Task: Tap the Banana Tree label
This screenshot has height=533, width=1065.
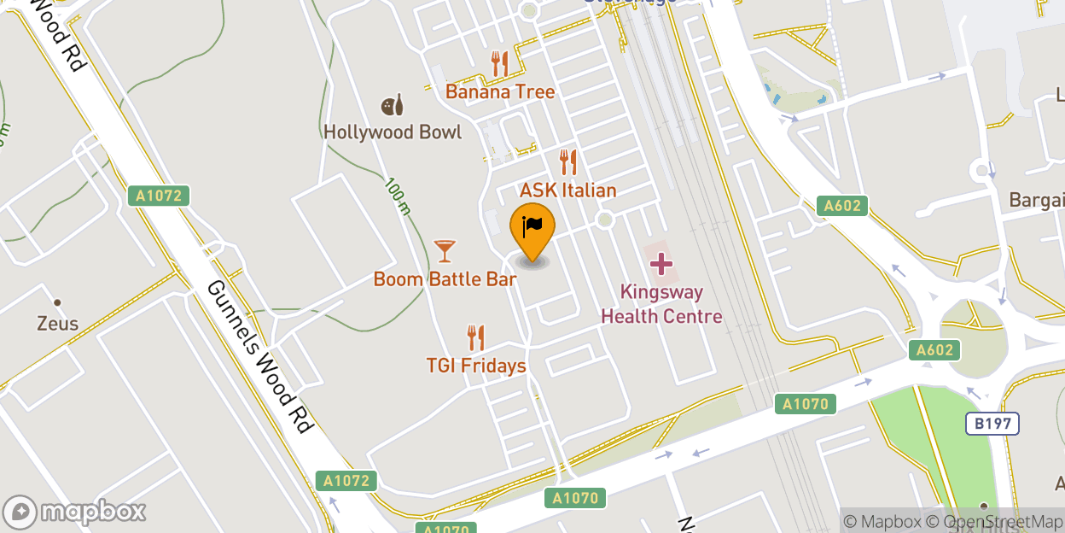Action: tap(500, 91)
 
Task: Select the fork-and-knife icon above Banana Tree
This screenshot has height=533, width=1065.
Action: tap(499, 63)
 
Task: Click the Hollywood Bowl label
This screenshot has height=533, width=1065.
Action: tap(393, 132)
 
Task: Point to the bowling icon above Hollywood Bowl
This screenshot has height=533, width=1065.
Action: tap(393, 105)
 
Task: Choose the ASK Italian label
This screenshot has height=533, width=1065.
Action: tap(567, 190)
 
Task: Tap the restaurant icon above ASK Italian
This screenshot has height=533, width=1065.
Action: tap(567, 161)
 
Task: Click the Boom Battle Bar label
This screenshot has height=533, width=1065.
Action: tap(445, 279)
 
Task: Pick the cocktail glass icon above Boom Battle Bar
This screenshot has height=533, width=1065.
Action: tap(445, 251)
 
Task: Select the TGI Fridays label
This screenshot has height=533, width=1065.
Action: tap(475, 366)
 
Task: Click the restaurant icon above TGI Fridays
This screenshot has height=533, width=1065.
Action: tap(475, 337)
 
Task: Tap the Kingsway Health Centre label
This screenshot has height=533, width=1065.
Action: tap(661, 304)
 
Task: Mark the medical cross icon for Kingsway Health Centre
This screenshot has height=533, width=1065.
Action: tap(661, 264)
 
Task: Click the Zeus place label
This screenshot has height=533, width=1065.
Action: tap(58, 324)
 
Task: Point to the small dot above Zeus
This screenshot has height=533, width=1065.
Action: tap(58, 302)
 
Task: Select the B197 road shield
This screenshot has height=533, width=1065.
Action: tap(992, 424)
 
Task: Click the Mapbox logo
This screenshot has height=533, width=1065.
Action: tap(75, 512)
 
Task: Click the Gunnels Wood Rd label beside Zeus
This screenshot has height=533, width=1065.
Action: tap(256, 356)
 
